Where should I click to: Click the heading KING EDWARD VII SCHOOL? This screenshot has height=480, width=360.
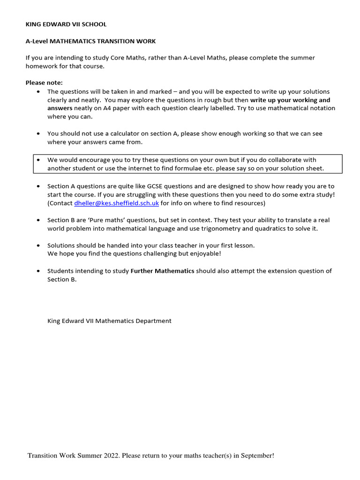tap(66, 24)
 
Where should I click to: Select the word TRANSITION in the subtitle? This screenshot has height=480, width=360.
tap(112, 41)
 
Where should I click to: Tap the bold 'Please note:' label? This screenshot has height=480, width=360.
tap(43, 82)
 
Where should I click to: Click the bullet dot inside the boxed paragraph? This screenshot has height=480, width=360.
tap(38, 160)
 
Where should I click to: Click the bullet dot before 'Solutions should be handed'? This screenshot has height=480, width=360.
tap(38, 245)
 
